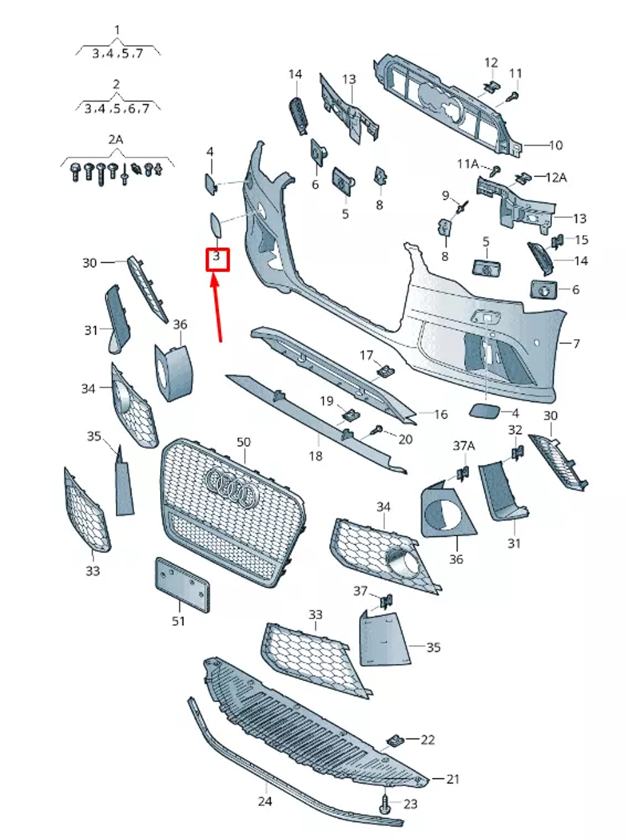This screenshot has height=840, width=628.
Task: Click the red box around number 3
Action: point(217,259)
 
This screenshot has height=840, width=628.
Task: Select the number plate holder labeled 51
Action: point(182,584)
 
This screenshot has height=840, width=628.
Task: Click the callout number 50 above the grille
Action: point(244,443)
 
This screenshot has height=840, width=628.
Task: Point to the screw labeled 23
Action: point(384,803)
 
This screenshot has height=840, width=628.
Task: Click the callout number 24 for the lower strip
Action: point(265,801)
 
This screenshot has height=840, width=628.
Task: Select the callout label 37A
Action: point(464,446)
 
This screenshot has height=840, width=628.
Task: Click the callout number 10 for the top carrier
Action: point(556,145)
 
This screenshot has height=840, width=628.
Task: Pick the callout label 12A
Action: point(556,178)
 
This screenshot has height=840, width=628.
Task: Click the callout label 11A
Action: point(468,164)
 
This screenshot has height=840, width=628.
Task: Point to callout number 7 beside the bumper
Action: point(576,343)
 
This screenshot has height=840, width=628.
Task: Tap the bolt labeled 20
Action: point(379,429)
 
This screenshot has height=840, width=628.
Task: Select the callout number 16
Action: point(440,414)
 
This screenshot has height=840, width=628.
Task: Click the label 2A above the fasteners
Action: point(116,139)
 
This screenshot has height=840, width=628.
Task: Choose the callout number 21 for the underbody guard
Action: point(453,779)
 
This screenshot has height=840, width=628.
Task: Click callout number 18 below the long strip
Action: point(315,456)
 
